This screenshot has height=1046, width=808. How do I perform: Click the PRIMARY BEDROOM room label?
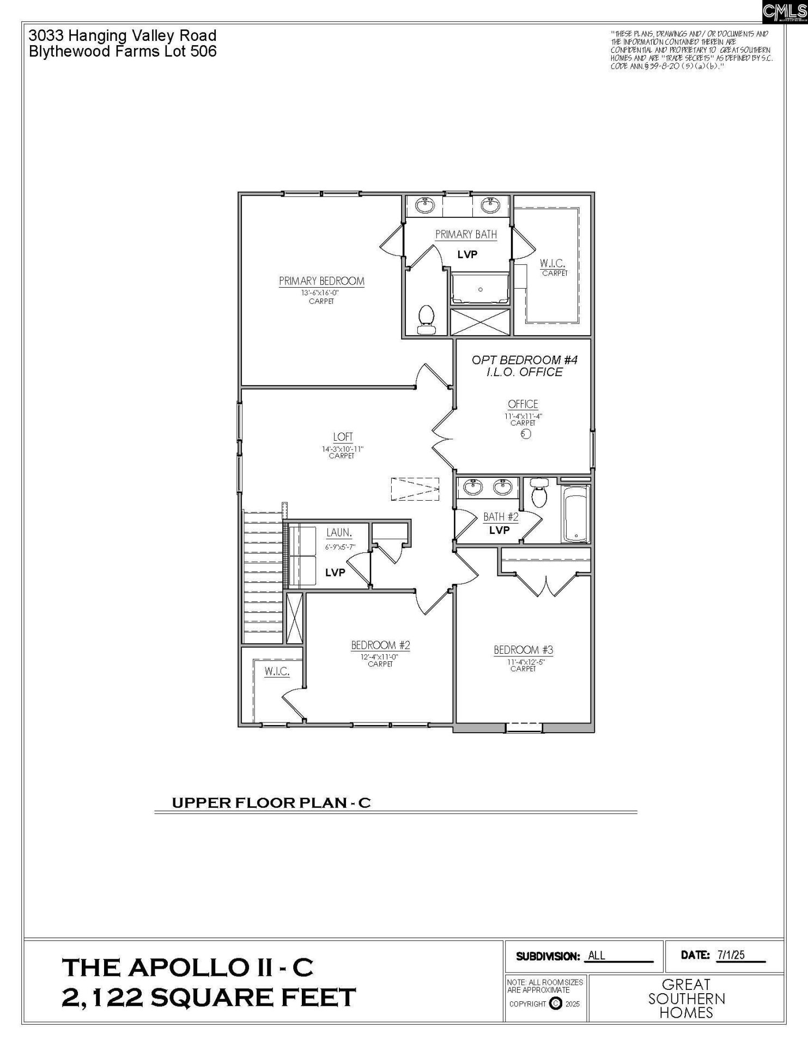click(321, 281)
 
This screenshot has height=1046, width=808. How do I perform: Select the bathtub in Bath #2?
click(576, 514)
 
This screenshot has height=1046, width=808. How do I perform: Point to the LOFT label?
click(343, 437)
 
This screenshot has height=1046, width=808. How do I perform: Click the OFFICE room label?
click(523, 404)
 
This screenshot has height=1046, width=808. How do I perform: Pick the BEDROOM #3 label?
click(523, 650)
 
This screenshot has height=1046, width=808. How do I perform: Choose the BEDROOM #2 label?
click(380, 646)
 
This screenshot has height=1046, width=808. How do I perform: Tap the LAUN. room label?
click(339, 533)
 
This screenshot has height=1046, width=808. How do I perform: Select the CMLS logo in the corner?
click(784, 11)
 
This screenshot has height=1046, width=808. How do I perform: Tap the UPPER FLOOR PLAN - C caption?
click(271, 803)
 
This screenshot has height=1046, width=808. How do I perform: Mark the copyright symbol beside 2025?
click(556, 1004)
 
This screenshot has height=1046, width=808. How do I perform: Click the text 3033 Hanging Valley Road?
click(123, 36)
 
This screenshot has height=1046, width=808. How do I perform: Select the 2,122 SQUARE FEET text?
click(209, 998)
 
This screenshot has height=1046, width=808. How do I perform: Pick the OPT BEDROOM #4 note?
click(524, 360)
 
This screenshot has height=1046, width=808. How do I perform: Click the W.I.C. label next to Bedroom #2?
click(277, 672)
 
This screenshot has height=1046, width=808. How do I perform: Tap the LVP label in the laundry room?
click(335, 573)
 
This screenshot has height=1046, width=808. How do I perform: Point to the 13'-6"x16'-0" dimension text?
click(320, 293)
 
